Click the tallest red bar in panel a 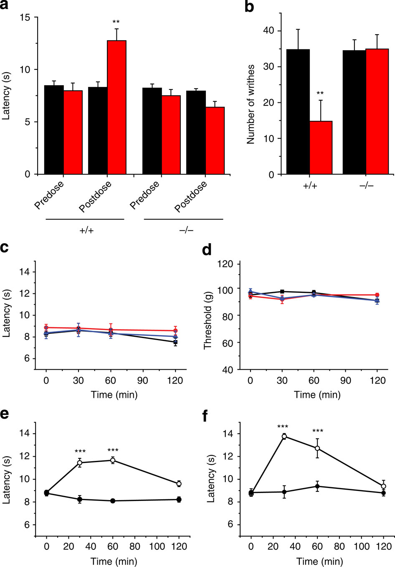pos(117,107)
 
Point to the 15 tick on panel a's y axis pos(28,18)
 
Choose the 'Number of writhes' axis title pos(251,104)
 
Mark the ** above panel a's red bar pos(116,22)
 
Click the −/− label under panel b pos(366,185)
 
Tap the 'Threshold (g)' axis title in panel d pos(208,316)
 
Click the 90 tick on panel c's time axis pos(143,381)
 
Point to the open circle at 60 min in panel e pos(112,460)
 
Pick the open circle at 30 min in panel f pos(284,436)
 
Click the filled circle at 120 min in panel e pos(179,499)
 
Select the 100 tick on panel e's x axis pos(157,546)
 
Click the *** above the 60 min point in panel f pos(318,432)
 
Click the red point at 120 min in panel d pos(377,295)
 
